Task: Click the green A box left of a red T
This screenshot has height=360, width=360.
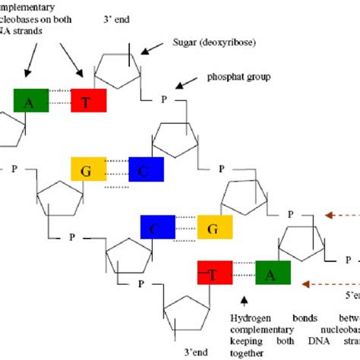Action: click(31, 100)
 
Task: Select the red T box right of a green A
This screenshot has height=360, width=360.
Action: click(89, 100)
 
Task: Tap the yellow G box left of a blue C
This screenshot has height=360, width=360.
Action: click(89, 170)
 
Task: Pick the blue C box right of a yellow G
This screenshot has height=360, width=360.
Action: click(146, 170)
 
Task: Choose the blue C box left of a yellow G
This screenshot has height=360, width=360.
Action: click(158, 227)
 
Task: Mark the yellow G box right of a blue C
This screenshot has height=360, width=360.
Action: click(215, 227)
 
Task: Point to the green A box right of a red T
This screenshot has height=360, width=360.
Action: click(272, 272)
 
